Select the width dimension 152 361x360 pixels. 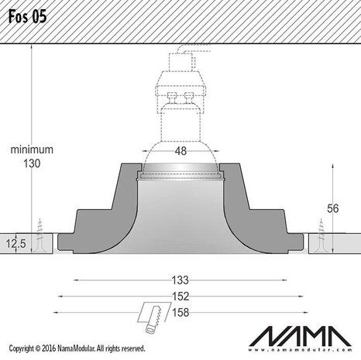tap(180, 296)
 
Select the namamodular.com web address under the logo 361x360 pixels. tap(303, 350)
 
